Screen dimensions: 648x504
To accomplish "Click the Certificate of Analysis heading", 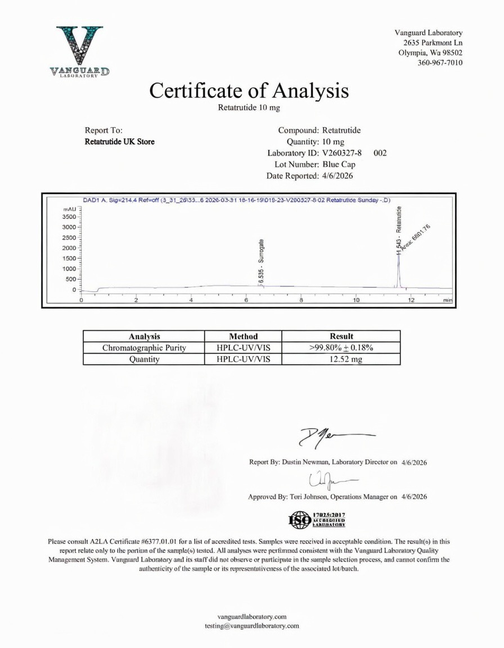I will pos(249,90).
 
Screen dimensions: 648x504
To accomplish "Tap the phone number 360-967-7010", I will pos(440,62).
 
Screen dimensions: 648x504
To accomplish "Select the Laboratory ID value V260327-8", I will pos(342,152).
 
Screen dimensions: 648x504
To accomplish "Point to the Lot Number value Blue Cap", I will pos(340,164).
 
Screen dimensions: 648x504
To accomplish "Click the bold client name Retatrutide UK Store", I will pos(119,142).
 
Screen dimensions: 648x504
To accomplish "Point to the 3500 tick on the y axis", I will pos(67,217).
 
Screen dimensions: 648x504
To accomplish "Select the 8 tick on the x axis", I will pos(301,300).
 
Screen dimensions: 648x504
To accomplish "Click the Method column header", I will pos(243,336).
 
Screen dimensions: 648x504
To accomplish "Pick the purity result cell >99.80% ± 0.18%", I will pos(341,348).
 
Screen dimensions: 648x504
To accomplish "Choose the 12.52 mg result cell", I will pos(341,359).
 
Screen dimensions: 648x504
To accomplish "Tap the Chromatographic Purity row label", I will pos(144,348).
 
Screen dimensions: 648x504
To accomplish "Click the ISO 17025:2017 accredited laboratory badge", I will pos(317,519).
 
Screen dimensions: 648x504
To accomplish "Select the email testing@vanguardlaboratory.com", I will pos(251,625).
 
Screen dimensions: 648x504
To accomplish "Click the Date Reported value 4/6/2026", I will pos(338,176).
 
